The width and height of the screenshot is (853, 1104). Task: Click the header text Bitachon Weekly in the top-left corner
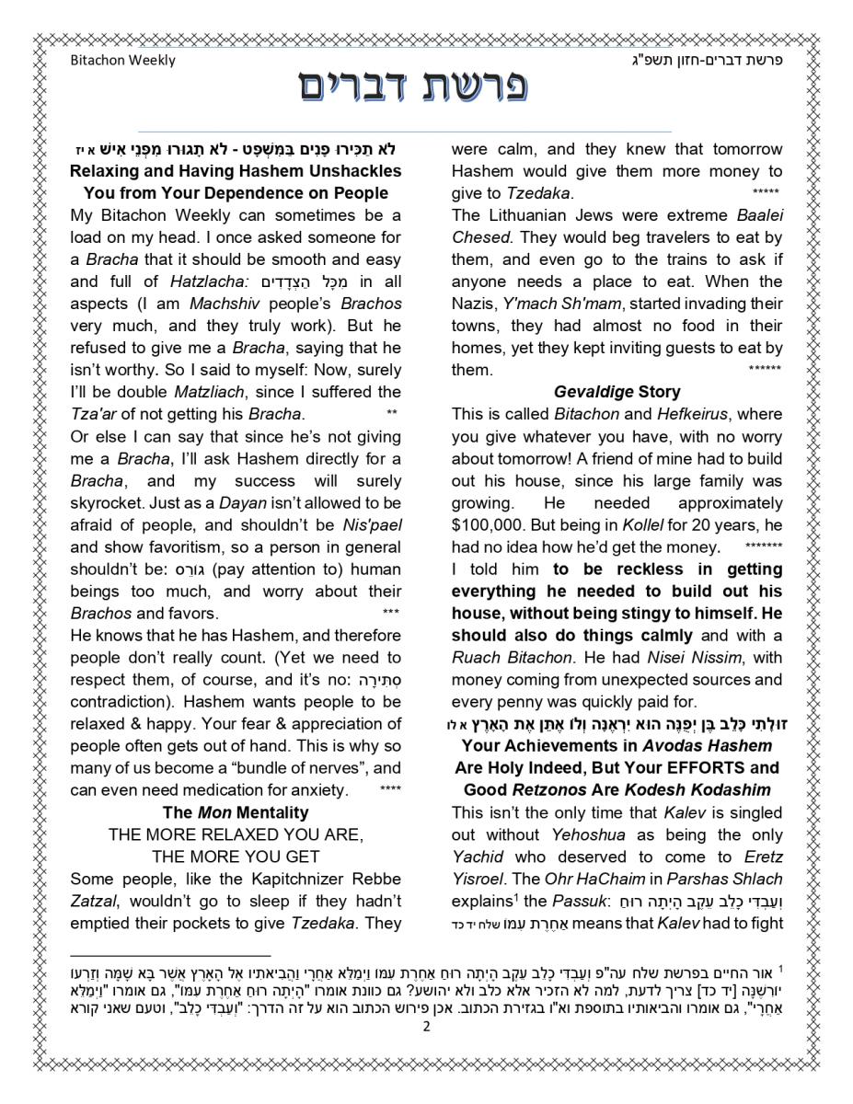pyautogui.click(x=122, y=61)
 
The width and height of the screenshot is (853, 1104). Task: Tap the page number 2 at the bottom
pyautogui.click(x=426, y=1027)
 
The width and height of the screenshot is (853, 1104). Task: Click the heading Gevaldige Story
pyautogui.click(x=617, y=392)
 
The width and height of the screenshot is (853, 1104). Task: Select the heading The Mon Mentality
pyautogui.click(x=236, y=812)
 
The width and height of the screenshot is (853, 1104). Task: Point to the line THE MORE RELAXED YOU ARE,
pyautogui.click(x=236, y=834)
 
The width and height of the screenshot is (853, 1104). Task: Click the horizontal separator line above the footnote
pyautogui.click(x=171, y=956)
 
